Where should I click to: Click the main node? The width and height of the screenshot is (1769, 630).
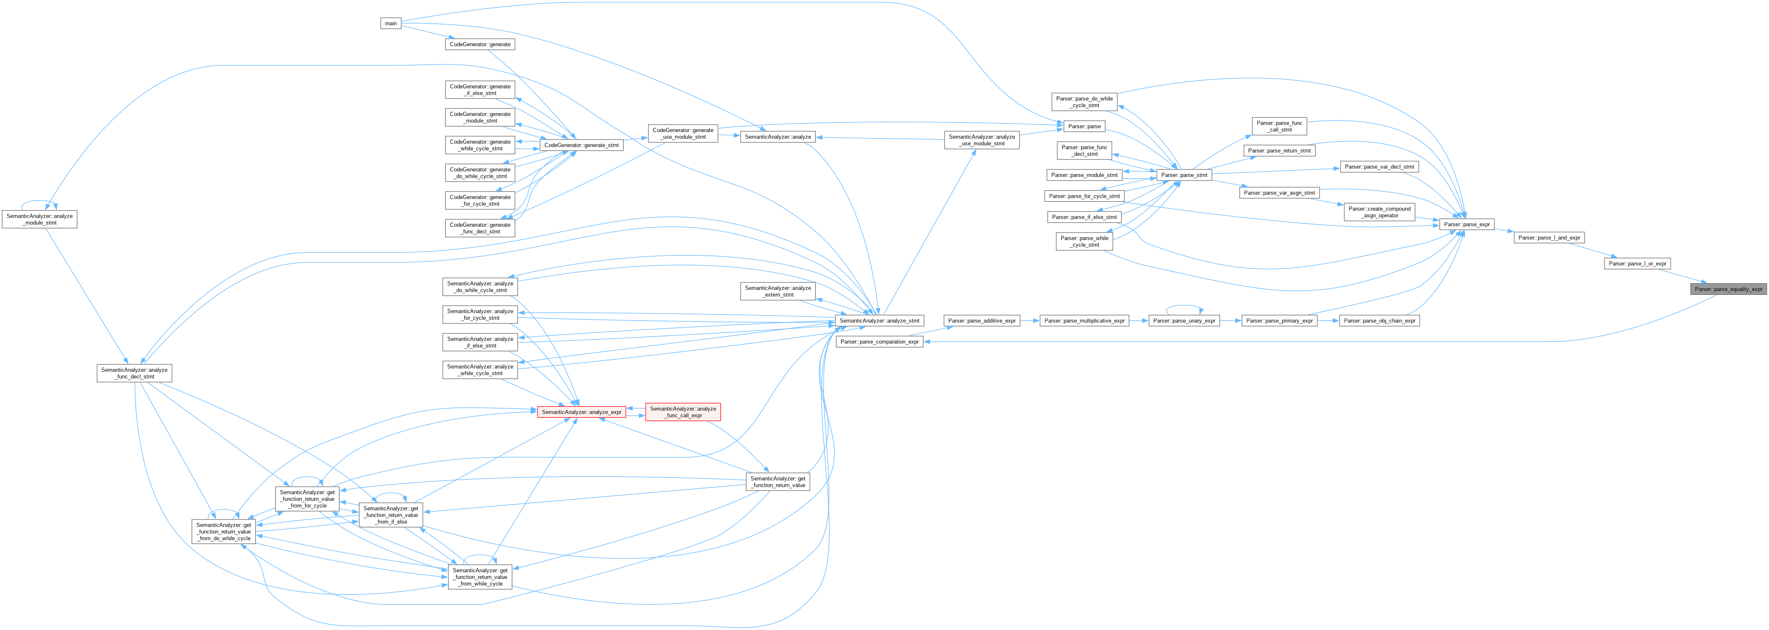(x=391, y=23)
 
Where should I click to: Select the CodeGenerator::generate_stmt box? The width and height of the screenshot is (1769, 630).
(x=581, y=145)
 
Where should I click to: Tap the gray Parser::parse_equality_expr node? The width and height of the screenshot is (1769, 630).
(x=1728, y=289)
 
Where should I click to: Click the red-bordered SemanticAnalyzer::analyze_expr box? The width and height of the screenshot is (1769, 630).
(x=581, y=412)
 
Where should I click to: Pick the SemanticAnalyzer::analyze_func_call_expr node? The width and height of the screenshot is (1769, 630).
(x=682, y=412)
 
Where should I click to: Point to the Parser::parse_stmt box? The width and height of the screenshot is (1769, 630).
(x=1184, y=175)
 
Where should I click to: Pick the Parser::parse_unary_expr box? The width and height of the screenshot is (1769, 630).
(x=1184, y=321)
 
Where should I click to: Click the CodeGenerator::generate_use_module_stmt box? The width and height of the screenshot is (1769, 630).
(x=682, y=134)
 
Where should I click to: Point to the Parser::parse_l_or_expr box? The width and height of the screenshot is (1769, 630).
(x=1638, y=264)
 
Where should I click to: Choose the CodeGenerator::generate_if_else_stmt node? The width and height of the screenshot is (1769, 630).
(x=480, y=90)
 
